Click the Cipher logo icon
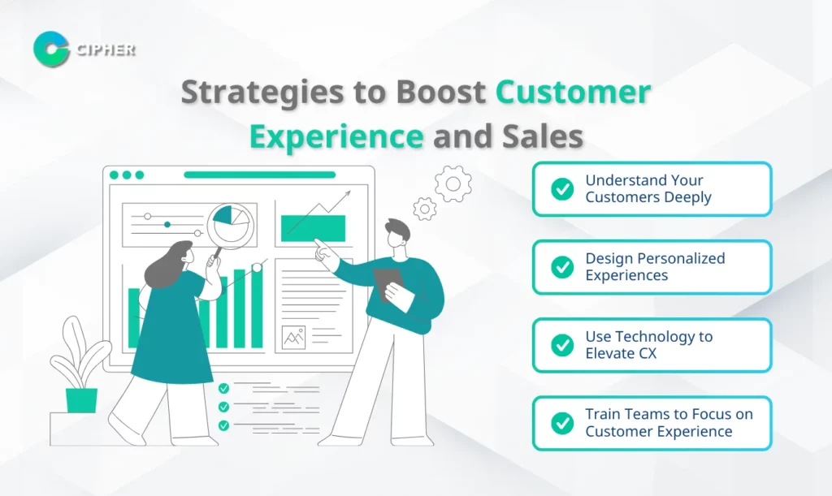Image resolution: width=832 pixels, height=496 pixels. (x=51, y=50)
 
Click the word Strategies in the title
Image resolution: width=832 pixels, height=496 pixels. (x=262, y=93)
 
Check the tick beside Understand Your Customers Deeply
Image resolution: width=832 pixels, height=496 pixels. (x=562, y=188)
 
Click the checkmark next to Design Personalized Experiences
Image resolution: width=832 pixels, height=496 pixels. (x=562, y=267)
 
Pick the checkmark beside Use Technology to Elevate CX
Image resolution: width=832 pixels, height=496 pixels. (x=562, y=345)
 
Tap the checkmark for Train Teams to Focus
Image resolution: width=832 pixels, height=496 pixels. (x=562, y=423)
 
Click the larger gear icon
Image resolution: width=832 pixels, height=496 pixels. (x=453, y=184)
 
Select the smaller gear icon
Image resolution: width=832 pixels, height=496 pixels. (x=424, y=209)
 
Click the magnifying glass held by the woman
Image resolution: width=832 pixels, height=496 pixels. (x=229, y=228)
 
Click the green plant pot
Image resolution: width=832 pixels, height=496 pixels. (x=81, y=401)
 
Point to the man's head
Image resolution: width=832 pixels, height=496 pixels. (x=397, y=235)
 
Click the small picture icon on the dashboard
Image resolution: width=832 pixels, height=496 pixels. (x=294, y=338)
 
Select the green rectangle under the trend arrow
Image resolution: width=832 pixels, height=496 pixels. (x=313, y=228)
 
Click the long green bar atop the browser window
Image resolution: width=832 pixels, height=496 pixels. (x=259, y=175)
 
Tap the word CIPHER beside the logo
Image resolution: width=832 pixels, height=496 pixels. (x=106, y=50)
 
